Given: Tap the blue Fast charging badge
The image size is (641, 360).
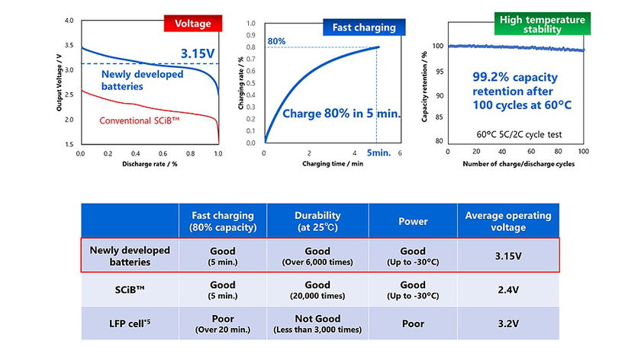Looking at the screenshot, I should click(x=363, y=27).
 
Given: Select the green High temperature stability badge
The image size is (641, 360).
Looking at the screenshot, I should click(x=541, y=24).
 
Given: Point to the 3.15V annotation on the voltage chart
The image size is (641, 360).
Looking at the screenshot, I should click(x=201, y=54).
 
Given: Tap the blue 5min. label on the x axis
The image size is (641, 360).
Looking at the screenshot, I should click(x=378, y=153).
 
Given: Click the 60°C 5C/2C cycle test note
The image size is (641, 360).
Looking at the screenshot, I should click(x=519, y=134).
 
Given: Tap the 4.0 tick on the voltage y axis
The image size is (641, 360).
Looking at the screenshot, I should click(x=71, y=21).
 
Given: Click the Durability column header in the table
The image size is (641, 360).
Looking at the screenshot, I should click(x=317, y=220).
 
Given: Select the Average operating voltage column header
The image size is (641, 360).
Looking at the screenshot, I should click(x=508, y=220).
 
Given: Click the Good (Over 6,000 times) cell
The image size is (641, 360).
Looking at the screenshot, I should click(x=317, y=255).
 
